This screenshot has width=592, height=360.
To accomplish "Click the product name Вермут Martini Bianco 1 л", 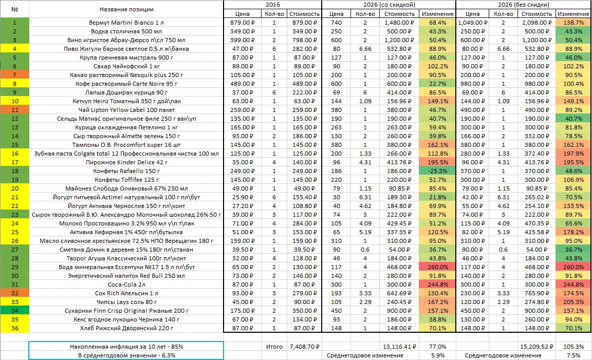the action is click(126, 23).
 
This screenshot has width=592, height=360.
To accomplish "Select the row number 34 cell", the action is click(15, 311).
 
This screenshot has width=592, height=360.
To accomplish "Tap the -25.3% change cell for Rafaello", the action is click(438, 171).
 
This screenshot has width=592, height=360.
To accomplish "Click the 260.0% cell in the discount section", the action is click(438, 267).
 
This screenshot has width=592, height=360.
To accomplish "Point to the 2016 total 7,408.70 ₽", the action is click(304, 347).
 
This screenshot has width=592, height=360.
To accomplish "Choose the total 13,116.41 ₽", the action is click(399, 347).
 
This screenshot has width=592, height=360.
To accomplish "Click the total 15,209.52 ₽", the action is click(536, 347).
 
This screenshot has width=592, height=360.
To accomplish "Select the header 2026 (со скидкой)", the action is click(389, 5).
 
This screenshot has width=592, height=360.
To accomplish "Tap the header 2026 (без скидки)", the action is click(523, 5).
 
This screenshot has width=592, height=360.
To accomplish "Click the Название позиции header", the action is click(126, 9).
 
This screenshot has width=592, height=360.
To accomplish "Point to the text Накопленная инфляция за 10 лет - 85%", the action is click(126, 347).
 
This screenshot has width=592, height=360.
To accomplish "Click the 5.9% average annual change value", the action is click(438, 355).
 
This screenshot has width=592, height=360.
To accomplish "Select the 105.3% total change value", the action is click(573, 347).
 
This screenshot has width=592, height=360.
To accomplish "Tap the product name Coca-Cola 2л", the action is click(126, 285).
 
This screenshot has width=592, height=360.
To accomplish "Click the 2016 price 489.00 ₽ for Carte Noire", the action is click(243, 84).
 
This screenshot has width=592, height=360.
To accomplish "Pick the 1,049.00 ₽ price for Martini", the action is click(473, 23).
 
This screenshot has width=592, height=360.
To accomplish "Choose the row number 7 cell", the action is click(15, 75).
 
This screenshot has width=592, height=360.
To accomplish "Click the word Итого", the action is click(274, 347).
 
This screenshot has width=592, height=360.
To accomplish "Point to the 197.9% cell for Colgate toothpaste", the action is click(573, 154).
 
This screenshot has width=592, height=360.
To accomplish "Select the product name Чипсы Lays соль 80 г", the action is click(126, 302).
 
